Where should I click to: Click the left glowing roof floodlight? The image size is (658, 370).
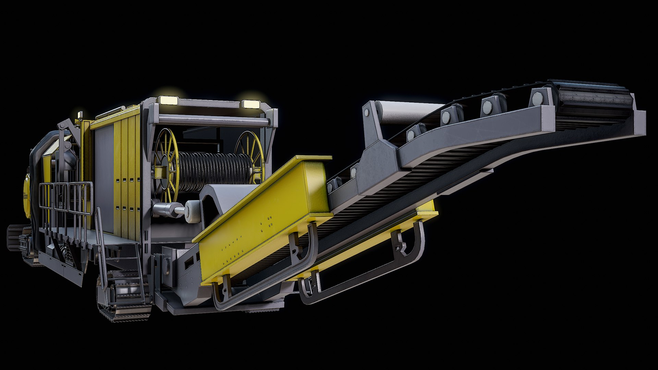pyautogui.click(x=168, y=100)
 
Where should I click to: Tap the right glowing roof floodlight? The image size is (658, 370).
pyautogui.click(x=250, y=104)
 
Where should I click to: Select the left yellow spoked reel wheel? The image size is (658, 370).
pyautogui.click(x=166, y=164)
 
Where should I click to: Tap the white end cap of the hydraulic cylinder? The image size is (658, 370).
pyautogui.click(x=192, y=211)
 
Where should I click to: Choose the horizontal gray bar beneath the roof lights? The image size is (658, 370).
pyautogui.click(x=212, y=120)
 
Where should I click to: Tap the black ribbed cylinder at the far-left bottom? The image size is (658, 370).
pyautogui.click(x=14, y=236)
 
